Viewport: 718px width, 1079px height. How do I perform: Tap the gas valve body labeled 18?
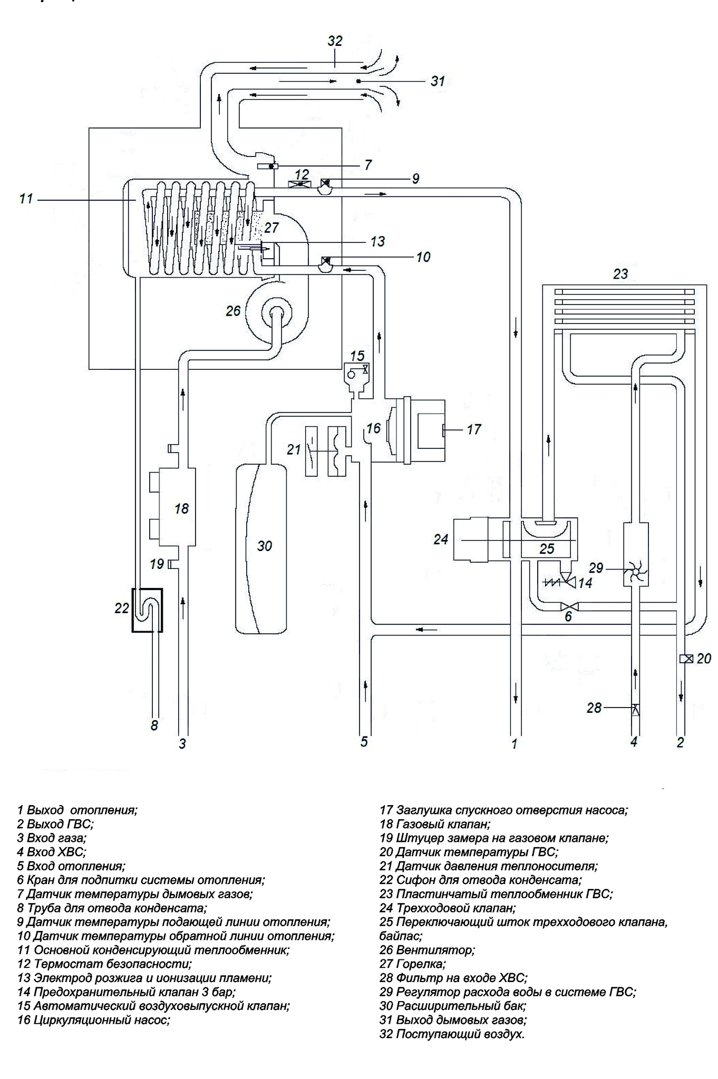coord(177,507)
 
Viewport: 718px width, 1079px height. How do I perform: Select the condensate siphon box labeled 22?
coord(147,610)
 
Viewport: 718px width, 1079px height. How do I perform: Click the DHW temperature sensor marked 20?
coord(686,658)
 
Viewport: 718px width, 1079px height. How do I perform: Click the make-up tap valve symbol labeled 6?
coord(569,606)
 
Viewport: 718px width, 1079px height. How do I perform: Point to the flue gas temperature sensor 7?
coord(267,166)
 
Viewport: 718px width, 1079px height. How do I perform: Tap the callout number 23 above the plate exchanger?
coord(620,274)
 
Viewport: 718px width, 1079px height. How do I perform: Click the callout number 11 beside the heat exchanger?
coord(26,199)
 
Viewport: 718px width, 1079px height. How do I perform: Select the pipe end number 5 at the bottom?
coord(364,742)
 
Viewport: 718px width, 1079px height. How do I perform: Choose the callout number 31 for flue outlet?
coord(438,81)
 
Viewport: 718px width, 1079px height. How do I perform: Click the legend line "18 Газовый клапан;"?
coord(435,824)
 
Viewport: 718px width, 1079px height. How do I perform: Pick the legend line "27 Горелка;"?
coord(412,964)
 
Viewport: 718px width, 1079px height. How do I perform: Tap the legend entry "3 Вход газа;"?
coord(52,838)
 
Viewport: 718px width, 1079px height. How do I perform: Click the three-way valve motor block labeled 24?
coord(471,539)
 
